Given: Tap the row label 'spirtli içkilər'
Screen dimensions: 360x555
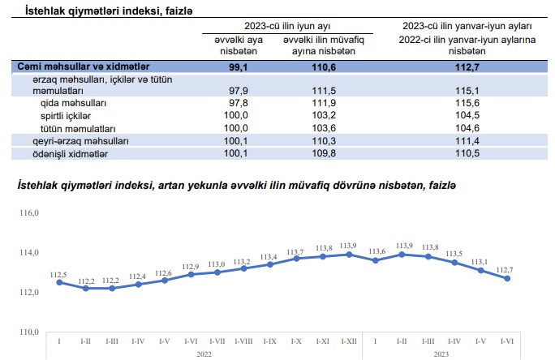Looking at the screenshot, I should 67,116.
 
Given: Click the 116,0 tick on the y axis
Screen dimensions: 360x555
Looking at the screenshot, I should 29,213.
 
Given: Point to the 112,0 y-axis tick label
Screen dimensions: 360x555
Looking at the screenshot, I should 29,293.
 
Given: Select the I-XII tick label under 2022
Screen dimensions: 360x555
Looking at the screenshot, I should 350,341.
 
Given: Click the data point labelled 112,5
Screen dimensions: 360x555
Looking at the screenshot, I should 59,282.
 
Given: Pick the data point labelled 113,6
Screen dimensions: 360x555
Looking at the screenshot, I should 376,260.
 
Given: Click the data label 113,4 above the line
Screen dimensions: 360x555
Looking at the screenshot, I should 269,257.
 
